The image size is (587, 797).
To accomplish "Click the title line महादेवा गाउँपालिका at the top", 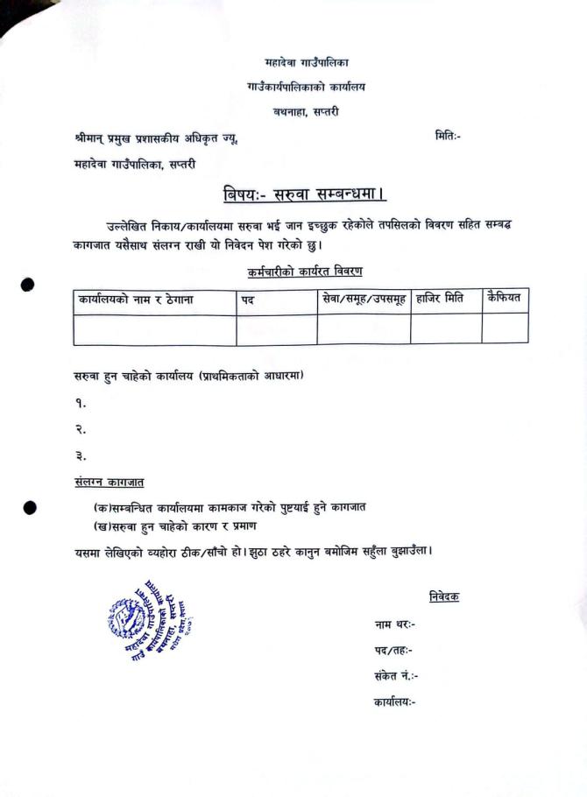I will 307,63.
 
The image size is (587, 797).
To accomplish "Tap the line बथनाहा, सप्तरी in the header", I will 305,111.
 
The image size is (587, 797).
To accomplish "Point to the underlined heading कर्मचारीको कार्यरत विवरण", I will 305,272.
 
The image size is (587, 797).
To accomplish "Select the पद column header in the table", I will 248,300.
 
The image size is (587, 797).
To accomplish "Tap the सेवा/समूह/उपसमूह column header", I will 364,300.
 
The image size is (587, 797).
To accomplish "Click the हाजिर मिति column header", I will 440,300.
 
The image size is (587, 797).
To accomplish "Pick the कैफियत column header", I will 504,299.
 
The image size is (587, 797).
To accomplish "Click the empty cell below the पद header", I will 276,329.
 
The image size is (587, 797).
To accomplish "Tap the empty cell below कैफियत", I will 505,328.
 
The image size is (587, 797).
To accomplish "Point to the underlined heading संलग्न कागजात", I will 110,483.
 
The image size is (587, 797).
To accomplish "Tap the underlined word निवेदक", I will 444,596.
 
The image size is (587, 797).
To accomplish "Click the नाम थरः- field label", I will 394,624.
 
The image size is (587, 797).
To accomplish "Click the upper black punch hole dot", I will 28,284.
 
